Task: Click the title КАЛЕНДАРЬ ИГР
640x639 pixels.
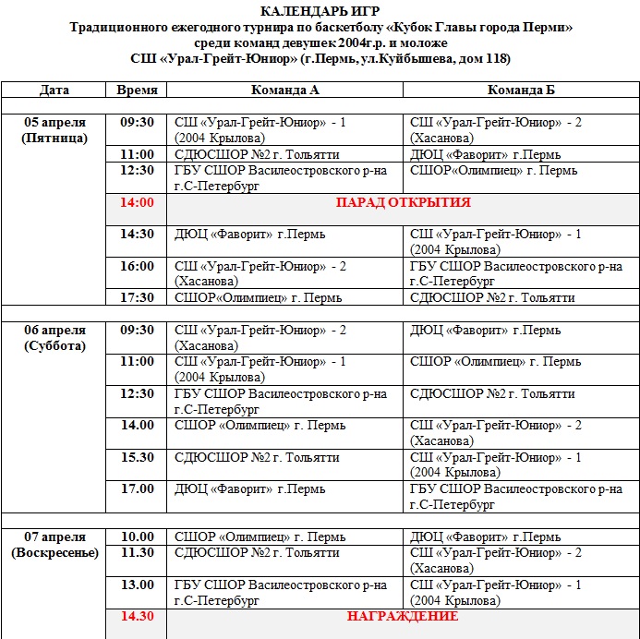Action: [320, 11]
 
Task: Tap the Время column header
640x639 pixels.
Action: [137, 90]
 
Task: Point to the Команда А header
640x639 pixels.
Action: [285, 90]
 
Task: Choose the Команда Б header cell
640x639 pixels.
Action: [521, 90]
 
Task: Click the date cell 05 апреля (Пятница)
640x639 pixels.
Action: [54, 130]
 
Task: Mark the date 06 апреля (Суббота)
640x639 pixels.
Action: [54, 338]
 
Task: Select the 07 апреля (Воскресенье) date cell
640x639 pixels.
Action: [54, 545]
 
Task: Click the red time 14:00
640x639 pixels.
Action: [137, 202]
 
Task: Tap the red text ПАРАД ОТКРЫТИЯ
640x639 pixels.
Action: [403, 202]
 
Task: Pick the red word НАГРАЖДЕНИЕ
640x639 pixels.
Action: [403, 616]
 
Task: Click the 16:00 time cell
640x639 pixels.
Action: [137, 266]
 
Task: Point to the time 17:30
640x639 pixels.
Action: [137, 297]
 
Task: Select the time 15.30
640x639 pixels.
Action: [137, 457]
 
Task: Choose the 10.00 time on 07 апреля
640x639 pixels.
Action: [137, 537]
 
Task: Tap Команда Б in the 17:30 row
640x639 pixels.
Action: [492, 297]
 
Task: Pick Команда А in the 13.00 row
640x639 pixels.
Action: [281, 592]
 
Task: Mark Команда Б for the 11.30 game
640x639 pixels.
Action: [495, 560]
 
